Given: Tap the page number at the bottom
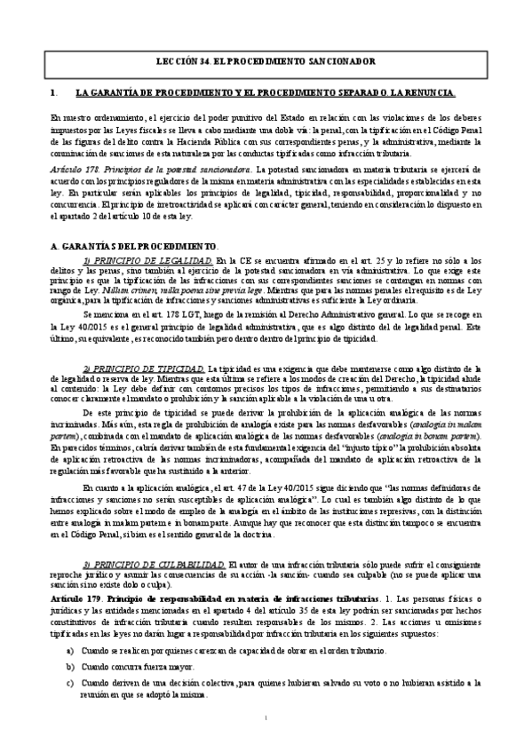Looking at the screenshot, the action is click(266, 717).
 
